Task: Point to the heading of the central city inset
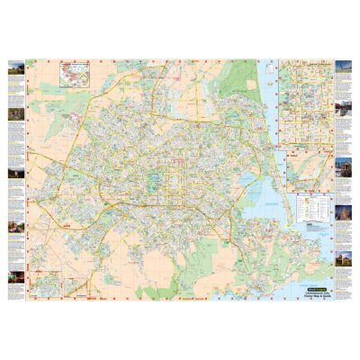(306, 65)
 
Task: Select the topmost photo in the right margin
(343, 70)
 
